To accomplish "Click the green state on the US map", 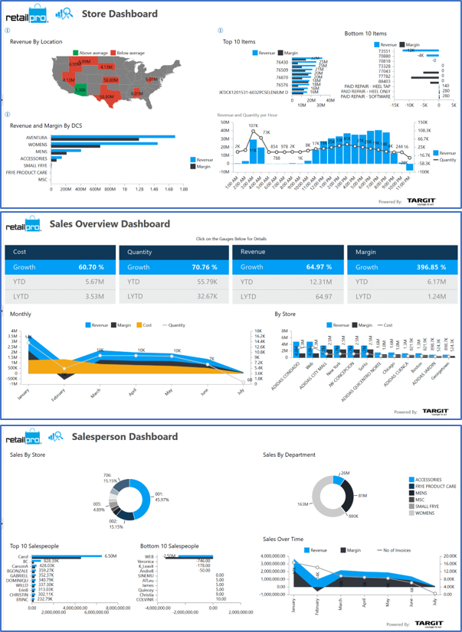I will coord(80,90).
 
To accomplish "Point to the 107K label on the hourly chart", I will coord(253,125).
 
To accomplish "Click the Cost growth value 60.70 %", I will coord(90,268).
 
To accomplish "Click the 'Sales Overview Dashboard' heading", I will coord(109,223).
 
